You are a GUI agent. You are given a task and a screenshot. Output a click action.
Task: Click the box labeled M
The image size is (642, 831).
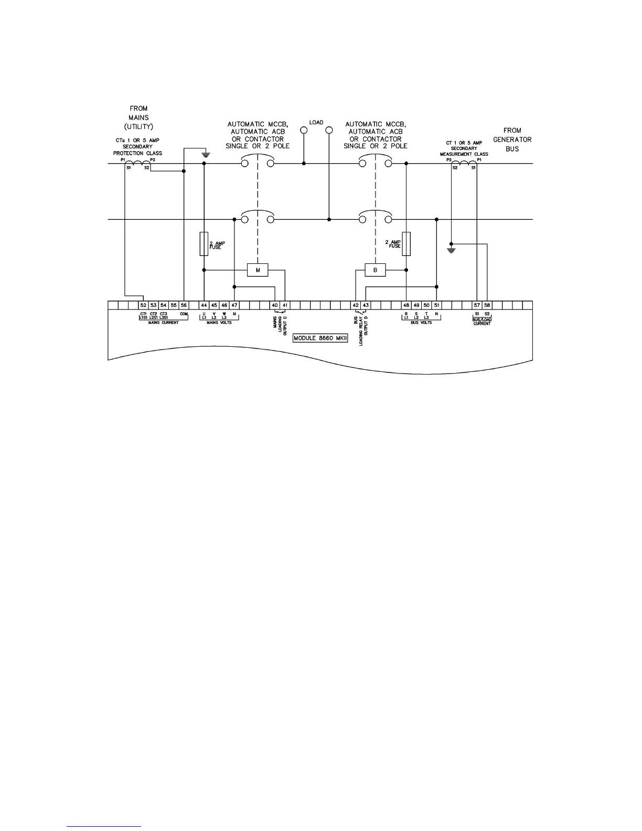click(x=258, y=270)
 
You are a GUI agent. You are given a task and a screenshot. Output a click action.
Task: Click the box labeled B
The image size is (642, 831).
click(x=375, y=270)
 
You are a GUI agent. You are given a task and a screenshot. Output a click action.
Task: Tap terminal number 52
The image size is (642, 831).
click(x=143, y=305)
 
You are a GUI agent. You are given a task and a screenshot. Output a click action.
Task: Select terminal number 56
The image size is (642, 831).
click(x=184, y=305)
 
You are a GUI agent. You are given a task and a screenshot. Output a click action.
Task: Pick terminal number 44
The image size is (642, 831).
click(x=204, y=305)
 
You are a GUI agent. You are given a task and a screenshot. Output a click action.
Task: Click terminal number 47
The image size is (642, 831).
click(x=234, y=305)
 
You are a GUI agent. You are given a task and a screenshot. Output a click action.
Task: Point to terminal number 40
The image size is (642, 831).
click(x=275, y=305)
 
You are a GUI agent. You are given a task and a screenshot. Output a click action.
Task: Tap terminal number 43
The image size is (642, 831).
click(x=366, y=305)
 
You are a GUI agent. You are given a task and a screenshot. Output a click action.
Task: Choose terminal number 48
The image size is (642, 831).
click(x=406, y=305)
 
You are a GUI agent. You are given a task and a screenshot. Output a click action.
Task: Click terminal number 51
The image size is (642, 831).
click(x=436, y=305)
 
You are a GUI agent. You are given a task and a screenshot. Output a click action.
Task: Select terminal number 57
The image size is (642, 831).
click(x=477, y=305)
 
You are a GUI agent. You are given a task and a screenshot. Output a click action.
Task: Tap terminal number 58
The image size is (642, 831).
click(x=487, y=305)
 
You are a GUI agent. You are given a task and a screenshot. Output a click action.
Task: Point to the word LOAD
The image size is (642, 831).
click(x=316, y=123)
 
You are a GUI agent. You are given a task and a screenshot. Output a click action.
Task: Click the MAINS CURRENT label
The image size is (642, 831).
click(x=163, y=323)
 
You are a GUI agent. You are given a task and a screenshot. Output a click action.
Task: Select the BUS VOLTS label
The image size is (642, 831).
click(x=421, y=323)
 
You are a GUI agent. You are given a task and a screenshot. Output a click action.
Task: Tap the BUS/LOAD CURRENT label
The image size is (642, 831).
click(x=482, y=322)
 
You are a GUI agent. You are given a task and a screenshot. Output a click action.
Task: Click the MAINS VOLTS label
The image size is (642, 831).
click(x=219, y=323)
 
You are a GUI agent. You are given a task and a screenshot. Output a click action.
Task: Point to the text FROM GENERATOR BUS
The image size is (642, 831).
click(x=512, y=140)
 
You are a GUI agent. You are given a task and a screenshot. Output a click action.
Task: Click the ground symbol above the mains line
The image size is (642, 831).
click(x=206, y=154)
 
